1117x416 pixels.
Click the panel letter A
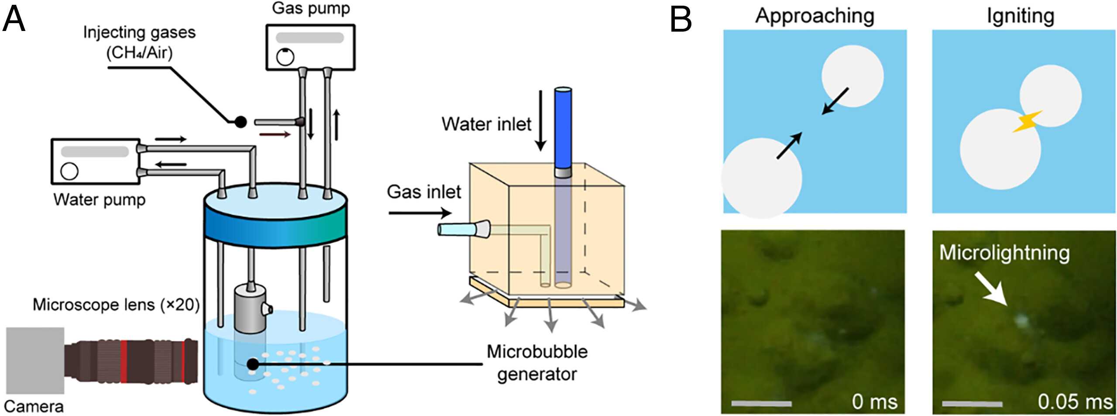pos(14,20)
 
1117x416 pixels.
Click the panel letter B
pos(681,20)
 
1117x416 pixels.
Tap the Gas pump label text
pos(311,9)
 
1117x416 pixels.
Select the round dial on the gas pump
pos(285,57)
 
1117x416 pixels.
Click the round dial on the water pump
pos(69,171)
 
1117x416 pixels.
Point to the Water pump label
pos(99,200)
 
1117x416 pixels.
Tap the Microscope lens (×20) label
pos(116,305)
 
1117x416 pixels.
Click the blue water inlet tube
pos(563,129)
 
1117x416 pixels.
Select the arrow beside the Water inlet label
pos(541,120)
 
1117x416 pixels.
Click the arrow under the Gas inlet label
pos(420,213)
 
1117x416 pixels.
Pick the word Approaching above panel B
pos(815,17)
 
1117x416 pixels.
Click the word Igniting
pos(1021,17)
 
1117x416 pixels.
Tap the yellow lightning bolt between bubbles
pos(1027,122)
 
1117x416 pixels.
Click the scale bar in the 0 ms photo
pos(761,404)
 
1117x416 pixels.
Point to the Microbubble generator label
pos(537,363)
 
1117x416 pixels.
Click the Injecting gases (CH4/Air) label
pos(139,42)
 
